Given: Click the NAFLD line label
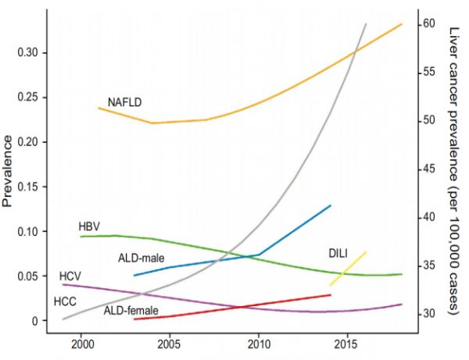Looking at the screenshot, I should [x=124, y=102].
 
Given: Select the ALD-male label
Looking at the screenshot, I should [x=141, y=258].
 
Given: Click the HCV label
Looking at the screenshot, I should [x=70, y=276].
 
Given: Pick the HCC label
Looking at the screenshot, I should [x=65, y=301].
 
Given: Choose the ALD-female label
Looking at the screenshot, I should [x=131, y=310].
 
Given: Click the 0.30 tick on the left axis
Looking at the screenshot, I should [x=30, y=52].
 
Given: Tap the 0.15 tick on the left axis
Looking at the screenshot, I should [x=30, y=187].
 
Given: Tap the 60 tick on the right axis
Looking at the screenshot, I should [x=430, y=23].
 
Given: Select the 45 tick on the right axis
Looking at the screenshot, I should [x=430, y=169].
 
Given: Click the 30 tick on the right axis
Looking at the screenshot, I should [x=430, y=314].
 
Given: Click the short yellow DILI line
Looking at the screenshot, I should [x=349, y=268].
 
